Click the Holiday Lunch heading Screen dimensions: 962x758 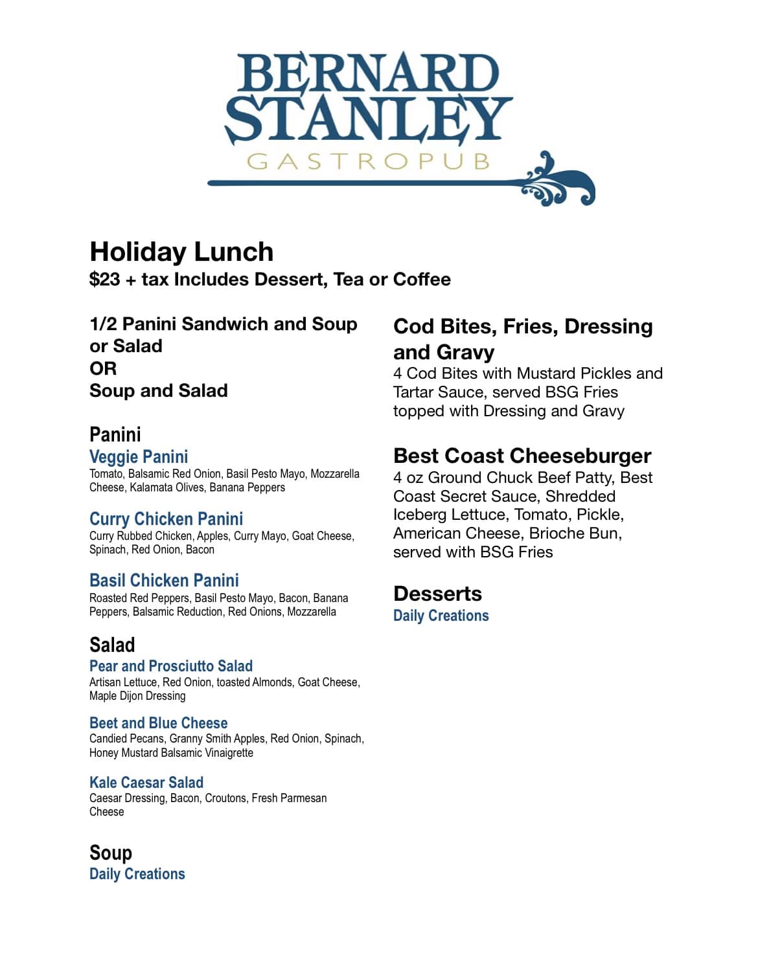pyautogui.click(x=181, y=252)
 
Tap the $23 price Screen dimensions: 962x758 pyautogui.click(x=105, y=280)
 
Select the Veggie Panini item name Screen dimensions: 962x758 pyautogui.click(x=139, y=457)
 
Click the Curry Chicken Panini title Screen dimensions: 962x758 pyautogui.click(x=166, y=519)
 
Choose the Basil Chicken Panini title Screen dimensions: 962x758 pyautogui.click(x=164, y=581)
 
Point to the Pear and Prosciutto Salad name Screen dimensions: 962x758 pyautogui.click(x=171, y=666)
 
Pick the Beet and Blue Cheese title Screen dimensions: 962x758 pyautogui.click(x=159, y=723)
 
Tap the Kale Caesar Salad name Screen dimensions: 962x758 pyautogui.click(x=146, y=783)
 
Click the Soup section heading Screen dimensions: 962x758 pyautogui.click(x=111, y=853)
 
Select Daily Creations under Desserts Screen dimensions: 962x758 pyautogui.click(x=441, y=616)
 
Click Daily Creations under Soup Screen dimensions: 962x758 pyautogui.click(x=137, y=874)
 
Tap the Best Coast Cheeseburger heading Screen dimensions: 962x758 pyautogui.click(x=522, y=456)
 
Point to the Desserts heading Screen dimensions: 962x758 pyautogui.click(x=437, y=594)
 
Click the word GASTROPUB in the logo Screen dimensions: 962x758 pyautogui.click(x=368, y=161)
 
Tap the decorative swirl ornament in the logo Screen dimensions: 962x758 pyautogui.click(x=558, y=182)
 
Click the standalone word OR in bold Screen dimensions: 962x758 pyautogui.click(x=103, y=368)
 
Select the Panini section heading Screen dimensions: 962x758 pyautogui.click(x=115, y=434)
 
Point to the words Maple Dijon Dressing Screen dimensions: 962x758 pyautogui.click(x=137, y=696)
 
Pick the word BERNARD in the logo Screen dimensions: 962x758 pyautogui.click(x=368, y=73)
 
